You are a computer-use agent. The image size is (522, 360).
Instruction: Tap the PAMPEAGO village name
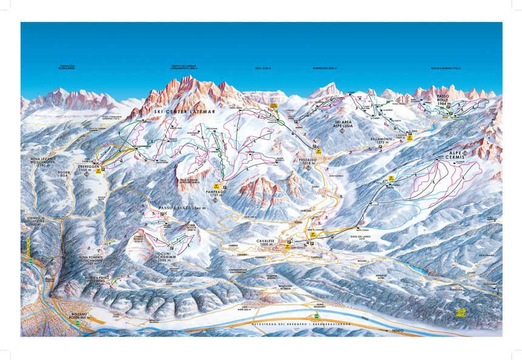point(216,190)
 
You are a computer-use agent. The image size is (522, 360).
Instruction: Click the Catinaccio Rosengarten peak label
point(67,66)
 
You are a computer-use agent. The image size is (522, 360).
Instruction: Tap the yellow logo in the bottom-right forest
point(463,312)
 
